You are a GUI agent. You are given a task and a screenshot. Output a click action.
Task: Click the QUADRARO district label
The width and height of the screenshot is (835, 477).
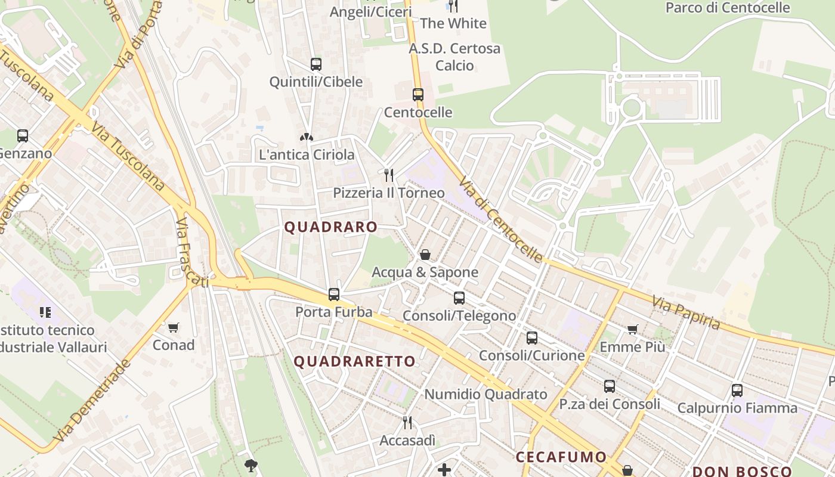(x=330, y=227)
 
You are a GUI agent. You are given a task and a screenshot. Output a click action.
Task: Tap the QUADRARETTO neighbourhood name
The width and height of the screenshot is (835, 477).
(x=354, y=361)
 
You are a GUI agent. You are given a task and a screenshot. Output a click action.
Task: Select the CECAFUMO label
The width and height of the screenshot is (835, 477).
(x=561, y=457)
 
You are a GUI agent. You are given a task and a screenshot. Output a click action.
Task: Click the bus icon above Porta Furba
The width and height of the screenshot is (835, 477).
(x=334, y=294)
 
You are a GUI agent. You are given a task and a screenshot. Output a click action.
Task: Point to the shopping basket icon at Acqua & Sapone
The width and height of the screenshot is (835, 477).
(x=425, y=255)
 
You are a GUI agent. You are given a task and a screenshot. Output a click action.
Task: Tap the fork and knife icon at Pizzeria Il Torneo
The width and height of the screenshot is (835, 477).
(x=389, y=175)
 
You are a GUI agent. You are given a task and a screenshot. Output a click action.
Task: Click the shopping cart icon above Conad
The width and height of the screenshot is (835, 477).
(x=174, y=327)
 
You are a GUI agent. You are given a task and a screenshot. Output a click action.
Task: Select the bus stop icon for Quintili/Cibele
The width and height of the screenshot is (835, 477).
(x=316, y=64)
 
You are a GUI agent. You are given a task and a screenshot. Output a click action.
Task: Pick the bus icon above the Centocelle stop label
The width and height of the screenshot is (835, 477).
(x=418, y=94)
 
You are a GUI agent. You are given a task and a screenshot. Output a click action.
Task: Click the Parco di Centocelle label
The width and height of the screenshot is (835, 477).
(x=728, y=8)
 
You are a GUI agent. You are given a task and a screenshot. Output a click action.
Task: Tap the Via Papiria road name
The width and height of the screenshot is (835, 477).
(x=686, y=313)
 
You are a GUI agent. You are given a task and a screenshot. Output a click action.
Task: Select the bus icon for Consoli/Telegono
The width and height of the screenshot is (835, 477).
(x=459, y=298)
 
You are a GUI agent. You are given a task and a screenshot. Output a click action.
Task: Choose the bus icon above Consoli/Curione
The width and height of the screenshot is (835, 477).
(x=532, y=338)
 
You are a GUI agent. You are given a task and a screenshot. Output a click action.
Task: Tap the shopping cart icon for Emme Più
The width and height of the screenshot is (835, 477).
(x=633, y=329)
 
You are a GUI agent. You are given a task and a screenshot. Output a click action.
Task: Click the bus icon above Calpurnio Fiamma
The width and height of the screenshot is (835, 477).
(x=737, y=391)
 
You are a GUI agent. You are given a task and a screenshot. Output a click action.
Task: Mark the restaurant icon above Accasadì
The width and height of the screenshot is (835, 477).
(x=407, y=423)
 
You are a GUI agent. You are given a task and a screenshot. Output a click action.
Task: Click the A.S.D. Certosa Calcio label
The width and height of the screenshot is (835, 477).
(x=454, y=57)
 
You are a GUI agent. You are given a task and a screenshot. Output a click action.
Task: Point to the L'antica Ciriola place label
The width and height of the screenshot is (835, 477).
(x=307, y=155)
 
